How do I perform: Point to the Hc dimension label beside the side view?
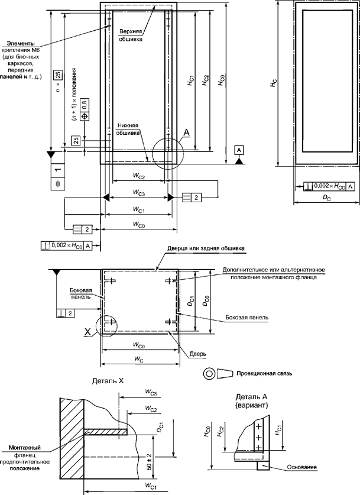pyautogui.click(x=273, y=84)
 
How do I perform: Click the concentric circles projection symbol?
pyautogui.click(x=209, y=373)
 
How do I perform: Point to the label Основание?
pyautogui.click(x=300, y=467)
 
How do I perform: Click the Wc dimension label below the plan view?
pyautogui.click(x=139, y=359)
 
